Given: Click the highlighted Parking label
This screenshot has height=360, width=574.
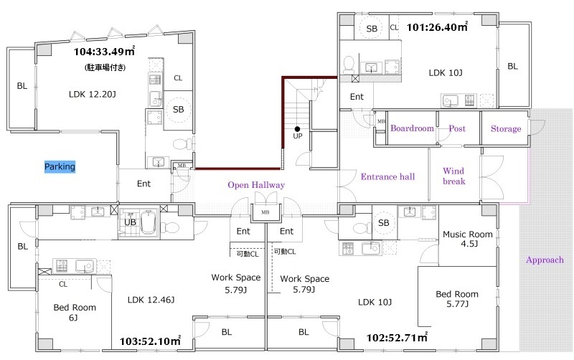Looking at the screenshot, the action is (x=60, y=167).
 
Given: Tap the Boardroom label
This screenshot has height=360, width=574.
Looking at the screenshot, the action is (x=412, y=128).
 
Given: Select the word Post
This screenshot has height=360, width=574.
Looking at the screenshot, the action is (x=457, y=128).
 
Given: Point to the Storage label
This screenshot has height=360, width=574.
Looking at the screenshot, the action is (x=506, y=129).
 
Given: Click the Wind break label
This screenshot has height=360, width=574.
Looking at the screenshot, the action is (x=454, y=176).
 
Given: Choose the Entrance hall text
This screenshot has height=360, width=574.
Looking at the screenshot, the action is (x=387, y=176).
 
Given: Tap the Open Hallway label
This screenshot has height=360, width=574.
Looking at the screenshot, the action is (x=256, y=185).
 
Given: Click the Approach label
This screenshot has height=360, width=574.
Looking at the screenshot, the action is (x=545, y=260).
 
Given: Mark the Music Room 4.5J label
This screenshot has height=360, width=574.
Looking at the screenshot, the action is (x=468, y=239).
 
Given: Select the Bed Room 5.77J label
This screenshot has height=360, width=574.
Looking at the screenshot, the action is (x=457, y=299).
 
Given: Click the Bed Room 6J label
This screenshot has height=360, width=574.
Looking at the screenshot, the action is (x=75, y=312).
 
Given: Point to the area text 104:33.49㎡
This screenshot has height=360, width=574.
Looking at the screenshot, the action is (x=104, y=51).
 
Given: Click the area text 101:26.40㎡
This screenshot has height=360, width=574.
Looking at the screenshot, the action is (x=438, y=27).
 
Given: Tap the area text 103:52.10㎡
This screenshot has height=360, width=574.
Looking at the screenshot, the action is (x=150, y=341).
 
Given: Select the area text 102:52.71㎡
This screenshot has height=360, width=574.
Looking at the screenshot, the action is (x=397, y=337).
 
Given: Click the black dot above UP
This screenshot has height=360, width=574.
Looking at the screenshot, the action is (x=297, y=129).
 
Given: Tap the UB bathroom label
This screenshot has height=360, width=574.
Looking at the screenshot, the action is (x=130, y=222).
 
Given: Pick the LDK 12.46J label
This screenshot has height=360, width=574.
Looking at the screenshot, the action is (x=151, y=300).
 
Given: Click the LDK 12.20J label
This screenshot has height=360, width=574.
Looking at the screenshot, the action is (x=93, y=95).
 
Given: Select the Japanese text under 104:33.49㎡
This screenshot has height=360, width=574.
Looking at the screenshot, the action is (x=105, y=67).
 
